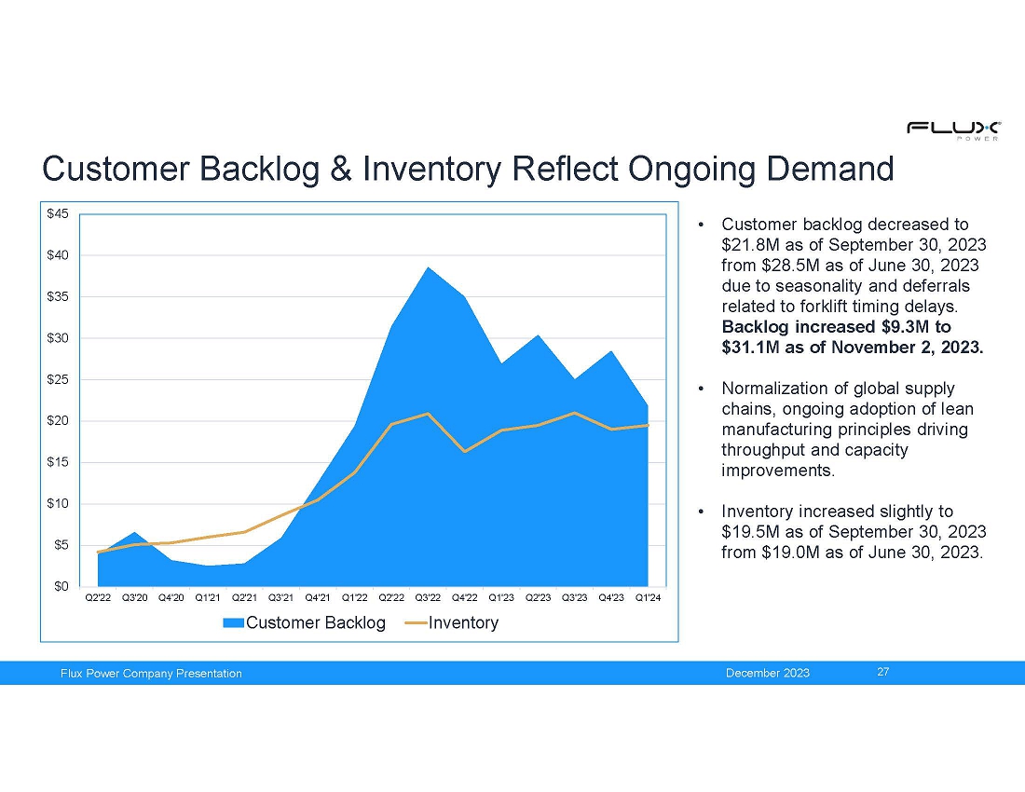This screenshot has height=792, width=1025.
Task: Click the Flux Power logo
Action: [953, 130]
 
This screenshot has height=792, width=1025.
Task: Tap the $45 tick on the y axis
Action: [56, 213]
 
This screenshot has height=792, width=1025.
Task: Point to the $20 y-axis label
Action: [56, 420]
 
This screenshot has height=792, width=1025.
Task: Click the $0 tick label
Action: [59, 586]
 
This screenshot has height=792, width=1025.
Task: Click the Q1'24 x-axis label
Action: [648, 598]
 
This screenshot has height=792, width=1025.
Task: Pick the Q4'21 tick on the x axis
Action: [317, 598]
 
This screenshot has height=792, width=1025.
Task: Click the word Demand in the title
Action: [830, 169]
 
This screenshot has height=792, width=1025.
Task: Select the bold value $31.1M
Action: [750, 347]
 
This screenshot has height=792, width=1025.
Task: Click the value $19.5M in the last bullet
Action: [749, 531]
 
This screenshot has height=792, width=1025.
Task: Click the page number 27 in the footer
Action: [883, 672]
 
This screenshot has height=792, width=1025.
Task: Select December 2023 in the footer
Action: [768, 673]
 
